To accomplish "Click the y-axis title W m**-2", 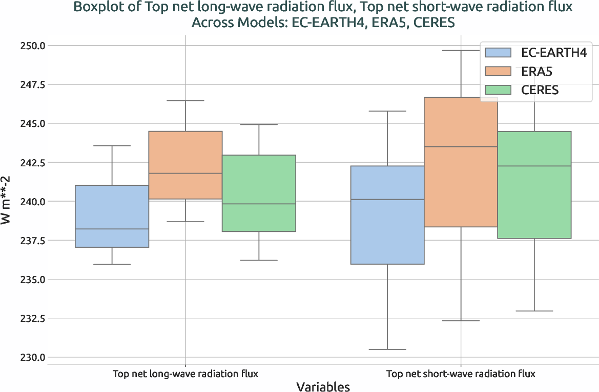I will (x=8, y=201).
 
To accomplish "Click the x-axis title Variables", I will (x=323, y=386).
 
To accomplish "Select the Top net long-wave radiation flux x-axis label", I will (x=185, y=374).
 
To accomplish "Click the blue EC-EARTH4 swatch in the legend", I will (x=498, y=52).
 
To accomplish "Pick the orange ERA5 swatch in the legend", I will (x=498, y=71).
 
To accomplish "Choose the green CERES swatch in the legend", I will (x=498, y=90).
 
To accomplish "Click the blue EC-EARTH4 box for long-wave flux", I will (x=112, y=216).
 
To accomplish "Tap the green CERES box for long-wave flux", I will (x=259, y=193).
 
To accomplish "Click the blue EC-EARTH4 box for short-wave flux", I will (x=387, y=215).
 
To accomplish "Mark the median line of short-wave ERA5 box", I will (x=461, y=147).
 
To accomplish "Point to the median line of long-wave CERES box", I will (x=259, y=204).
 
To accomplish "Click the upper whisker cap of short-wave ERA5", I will (x=461, y=50).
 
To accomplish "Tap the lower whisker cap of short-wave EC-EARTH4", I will (x=387, y=350).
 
